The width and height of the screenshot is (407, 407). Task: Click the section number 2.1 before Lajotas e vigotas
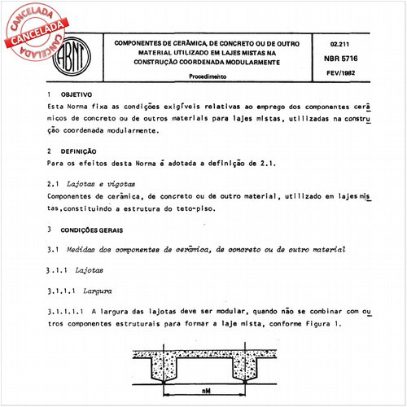tap(53, 186)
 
